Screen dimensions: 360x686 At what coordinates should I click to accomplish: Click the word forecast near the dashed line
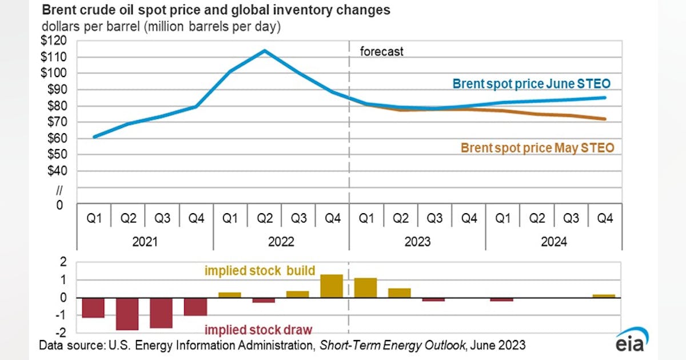point(381,52)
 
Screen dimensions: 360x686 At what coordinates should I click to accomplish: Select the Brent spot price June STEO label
point(532,84)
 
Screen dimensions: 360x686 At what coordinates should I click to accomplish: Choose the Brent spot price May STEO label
point(537,148)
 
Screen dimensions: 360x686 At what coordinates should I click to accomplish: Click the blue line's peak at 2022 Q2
point(264,51)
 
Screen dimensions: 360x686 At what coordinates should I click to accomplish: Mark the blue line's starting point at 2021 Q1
point(94,137)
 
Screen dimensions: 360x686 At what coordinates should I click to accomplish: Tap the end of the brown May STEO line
point(604,119)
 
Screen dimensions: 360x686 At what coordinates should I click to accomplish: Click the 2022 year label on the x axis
point(281,242)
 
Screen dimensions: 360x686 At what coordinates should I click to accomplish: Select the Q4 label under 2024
point(605,219)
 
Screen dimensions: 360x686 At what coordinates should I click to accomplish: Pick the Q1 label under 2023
point(366,219)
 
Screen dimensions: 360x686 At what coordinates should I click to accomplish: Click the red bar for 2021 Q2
point(127,314)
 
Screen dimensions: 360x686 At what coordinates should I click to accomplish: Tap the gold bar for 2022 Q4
point(332,286)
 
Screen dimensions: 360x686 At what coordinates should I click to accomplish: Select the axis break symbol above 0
point(59,189)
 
